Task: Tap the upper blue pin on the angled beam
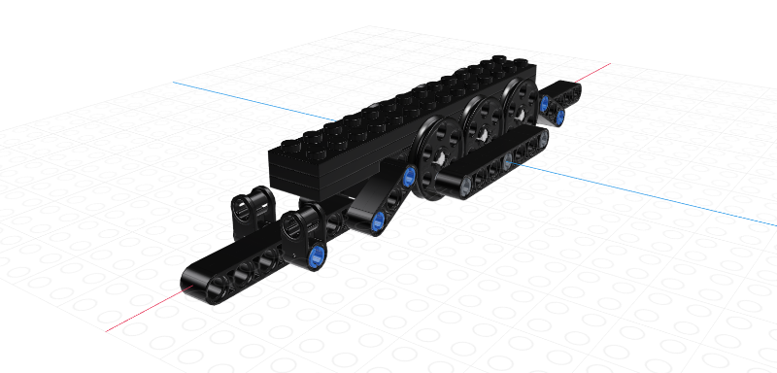tap(409, 175)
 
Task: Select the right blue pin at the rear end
tap(560, 117)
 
